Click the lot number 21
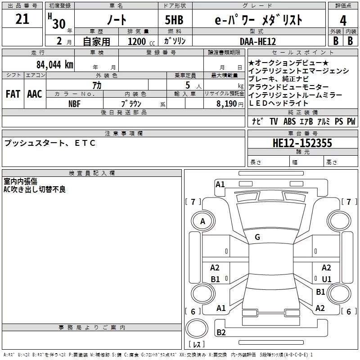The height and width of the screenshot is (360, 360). pos(22,19)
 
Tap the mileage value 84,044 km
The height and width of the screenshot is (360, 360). pos(55,64)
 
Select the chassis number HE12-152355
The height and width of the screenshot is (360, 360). pos(302,143)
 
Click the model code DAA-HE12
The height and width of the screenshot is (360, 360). pos(257,41)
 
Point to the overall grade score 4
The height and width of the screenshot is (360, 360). pos(343,21)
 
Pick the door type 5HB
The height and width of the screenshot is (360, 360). pos(174,20)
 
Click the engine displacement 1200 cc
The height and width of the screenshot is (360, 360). pos(141,41)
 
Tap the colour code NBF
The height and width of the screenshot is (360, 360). pos(74,104)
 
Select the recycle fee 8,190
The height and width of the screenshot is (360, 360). pos(227,104)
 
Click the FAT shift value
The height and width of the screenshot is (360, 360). pos(13,94)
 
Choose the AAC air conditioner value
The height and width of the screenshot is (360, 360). pos(35,94)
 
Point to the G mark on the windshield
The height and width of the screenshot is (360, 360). pos(257,237)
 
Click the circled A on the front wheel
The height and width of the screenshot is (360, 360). pos(203,221)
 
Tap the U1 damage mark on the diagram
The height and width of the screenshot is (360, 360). pos(327,279)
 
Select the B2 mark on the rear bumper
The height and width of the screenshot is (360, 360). pos(221,332)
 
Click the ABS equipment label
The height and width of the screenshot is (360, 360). pos(289,121)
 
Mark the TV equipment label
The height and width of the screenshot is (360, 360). pos(274,121)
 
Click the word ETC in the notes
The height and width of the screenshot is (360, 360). pos(85,143)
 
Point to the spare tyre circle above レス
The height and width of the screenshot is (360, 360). pos(197,328)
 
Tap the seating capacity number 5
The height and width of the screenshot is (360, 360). pos(188,85)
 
